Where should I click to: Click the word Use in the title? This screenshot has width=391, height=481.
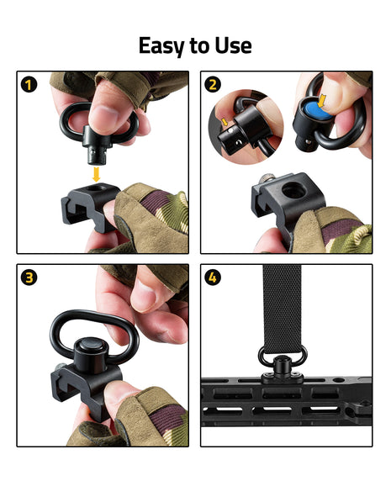(x=234, y=45)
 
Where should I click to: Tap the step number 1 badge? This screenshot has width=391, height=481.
(x=29, y=85)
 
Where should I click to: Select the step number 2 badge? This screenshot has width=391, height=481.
(x=213, y=85)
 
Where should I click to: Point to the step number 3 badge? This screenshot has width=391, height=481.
(x=29, y=277)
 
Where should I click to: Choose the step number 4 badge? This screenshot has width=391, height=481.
(x=213, y=277)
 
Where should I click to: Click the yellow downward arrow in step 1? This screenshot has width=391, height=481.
(x=97, y=174)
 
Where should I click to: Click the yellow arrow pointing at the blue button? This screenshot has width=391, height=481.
(x=321, y=101)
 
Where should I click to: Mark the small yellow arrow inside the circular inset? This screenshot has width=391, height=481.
(x=225, y=122)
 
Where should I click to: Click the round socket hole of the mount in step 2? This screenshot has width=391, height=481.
(x=293, y=191)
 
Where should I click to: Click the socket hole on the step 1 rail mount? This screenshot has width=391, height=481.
(x=97, y=188)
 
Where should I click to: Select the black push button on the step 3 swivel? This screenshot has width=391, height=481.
(x=91, y=345)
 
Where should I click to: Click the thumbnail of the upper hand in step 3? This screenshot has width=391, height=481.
(x=144, y=295)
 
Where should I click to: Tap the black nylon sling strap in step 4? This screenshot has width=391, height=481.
(x=282, y=309)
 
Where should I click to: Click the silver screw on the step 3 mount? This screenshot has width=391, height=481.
(x=60, y=367)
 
